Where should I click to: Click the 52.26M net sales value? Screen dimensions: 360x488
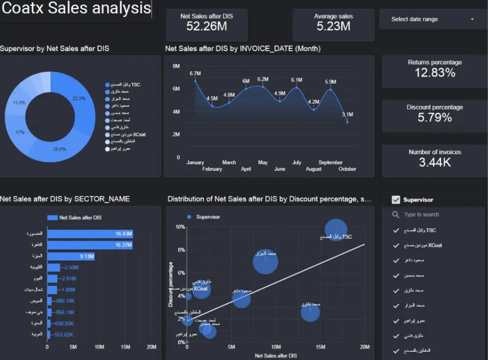206,26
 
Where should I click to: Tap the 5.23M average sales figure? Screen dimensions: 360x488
333,26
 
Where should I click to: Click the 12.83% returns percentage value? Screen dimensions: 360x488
434,73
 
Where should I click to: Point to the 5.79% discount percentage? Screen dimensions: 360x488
434,118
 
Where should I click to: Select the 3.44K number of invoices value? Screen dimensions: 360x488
434,162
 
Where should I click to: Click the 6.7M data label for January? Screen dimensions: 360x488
195,74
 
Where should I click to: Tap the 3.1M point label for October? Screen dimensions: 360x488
347,115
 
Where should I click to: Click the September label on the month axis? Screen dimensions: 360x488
330,162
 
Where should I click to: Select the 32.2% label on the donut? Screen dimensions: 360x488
79,99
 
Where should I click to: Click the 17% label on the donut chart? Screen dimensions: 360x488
20,132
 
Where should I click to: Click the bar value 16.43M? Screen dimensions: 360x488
124,234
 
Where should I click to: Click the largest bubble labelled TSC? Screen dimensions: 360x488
336,229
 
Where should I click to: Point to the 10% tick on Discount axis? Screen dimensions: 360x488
180,227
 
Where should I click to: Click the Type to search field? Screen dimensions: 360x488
434,215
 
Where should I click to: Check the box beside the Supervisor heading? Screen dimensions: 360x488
396,200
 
